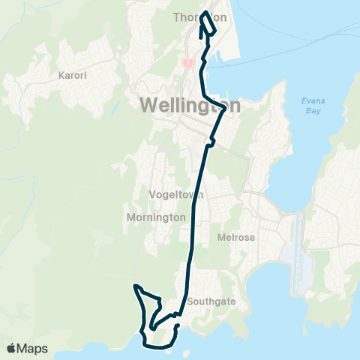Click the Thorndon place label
[199, 16]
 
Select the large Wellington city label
[190, 106]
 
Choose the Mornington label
[158, 217]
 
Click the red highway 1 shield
[185, 64]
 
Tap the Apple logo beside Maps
[11, 348]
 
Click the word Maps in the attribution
[34, 348]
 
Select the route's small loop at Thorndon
[208, 24]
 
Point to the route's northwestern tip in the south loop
[136, 286]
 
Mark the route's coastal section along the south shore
[161, 346]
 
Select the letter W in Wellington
[148, 106]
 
